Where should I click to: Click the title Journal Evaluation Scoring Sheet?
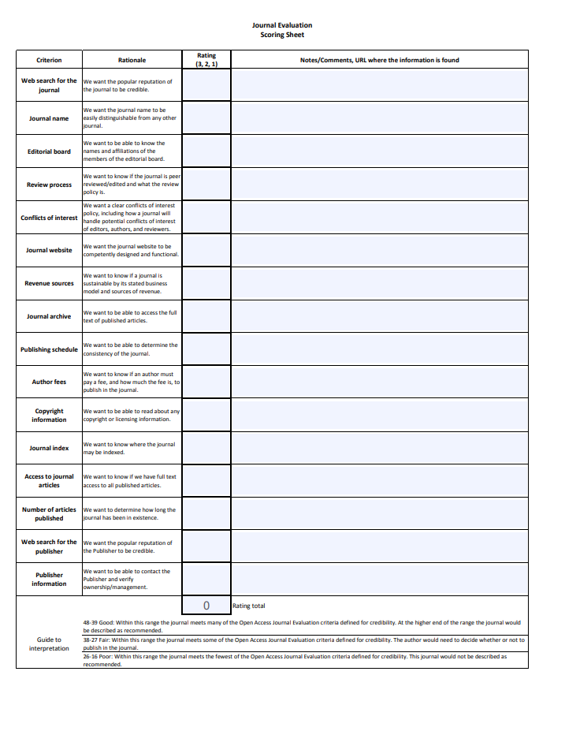282,30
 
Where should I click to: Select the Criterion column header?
49,60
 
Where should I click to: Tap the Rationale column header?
132,60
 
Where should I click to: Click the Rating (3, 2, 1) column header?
206,60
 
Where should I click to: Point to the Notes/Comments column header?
379,60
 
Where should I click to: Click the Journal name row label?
49,118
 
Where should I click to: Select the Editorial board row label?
49,151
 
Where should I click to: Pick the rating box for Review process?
206,185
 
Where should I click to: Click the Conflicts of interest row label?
49,218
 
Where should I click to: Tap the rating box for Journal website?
206,250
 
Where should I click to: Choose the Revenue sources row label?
49,283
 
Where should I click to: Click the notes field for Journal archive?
379,316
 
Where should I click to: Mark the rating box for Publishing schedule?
206,349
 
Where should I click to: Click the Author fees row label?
49,382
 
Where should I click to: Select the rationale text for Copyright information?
132,415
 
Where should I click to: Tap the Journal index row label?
49,448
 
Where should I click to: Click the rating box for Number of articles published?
206,513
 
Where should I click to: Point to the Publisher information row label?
49,579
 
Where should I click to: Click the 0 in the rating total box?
206,606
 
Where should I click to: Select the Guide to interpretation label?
49,643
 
